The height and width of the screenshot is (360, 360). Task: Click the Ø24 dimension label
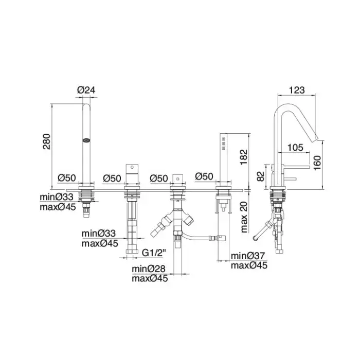[x=86, y=90]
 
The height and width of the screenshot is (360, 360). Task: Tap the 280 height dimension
[x=47, y=141]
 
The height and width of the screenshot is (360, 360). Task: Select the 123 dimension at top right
[x=297, y=90]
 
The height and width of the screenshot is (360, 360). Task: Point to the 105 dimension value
[x=295, y=148]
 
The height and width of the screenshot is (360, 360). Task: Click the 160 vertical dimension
[x=317, y=163]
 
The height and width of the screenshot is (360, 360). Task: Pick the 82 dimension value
[x=261, y=176]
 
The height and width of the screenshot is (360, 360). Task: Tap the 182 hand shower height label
[x=243, y=157]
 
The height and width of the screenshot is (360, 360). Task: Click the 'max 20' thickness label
[x=244, y=217]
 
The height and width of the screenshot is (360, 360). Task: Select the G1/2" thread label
[x=154, y=253]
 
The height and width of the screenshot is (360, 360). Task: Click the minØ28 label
[x=149, y=268]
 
